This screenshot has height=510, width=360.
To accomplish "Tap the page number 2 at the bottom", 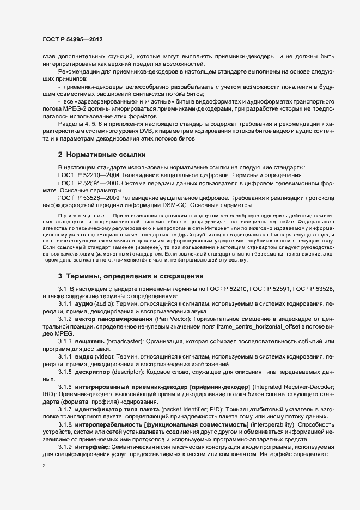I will pos(44,466).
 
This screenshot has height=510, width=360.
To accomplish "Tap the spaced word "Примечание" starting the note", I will pos(77,216).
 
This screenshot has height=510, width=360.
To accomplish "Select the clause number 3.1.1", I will pos(65,301).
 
